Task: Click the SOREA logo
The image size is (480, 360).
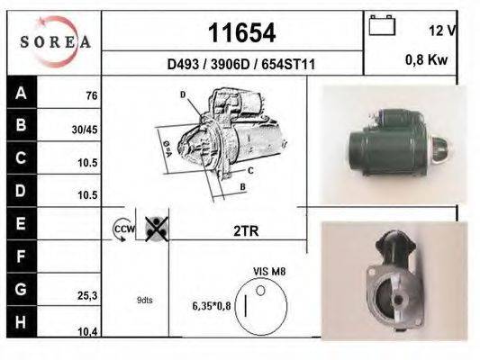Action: click(x=55, y=41)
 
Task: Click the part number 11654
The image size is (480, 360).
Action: click(x=242, y=32)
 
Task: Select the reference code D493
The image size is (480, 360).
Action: click(x=183, y=64)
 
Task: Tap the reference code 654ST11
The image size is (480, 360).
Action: click(x=288, y=64)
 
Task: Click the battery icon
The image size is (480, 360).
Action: click(x=382, y=25)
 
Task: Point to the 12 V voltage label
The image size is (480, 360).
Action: click(x=443, y=31)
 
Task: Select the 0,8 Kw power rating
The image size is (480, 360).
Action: click(x=427, y=59)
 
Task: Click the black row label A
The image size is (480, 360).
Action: click(x=22, y=92)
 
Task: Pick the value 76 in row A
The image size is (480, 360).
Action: click(x=92, y=95)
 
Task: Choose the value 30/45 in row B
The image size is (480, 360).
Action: click(x=85, y=130)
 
